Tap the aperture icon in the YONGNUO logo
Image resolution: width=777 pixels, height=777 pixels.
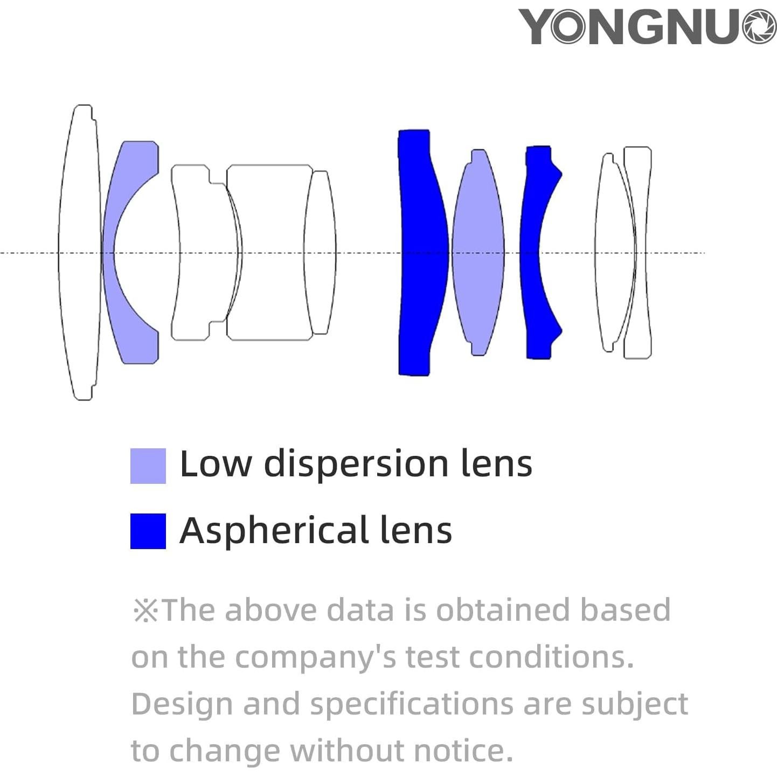[x=759, y=27]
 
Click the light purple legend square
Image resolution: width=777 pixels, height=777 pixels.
[x=148, y=466]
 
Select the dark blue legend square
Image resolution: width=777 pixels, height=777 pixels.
[x=148, y=531]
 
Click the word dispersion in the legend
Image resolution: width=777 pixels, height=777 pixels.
[x=355, y=464]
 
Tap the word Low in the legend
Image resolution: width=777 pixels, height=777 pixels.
[x=215, y=464]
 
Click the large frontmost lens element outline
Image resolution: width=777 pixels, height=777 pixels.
[x=80, y=252]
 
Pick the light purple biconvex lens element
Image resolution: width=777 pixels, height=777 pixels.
[x=478, y=252]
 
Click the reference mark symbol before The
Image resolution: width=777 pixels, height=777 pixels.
[x=145, y=611]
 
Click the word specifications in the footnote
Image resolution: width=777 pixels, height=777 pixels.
[x=412, y=705]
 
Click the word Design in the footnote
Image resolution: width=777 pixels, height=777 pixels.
[x=181, y=705]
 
